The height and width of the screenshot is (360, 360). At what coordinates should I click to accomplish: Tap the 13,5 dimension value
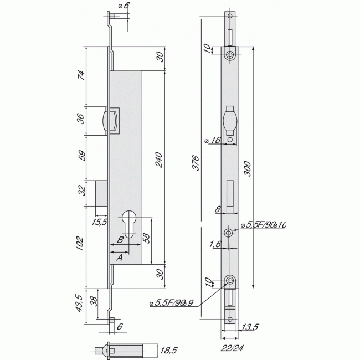pyautogui.click(x=251, y=327)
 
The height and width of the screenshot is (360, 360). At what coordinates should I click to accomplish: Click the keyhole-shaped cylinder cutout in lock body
pyautogui.click(x=132, y=224)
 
